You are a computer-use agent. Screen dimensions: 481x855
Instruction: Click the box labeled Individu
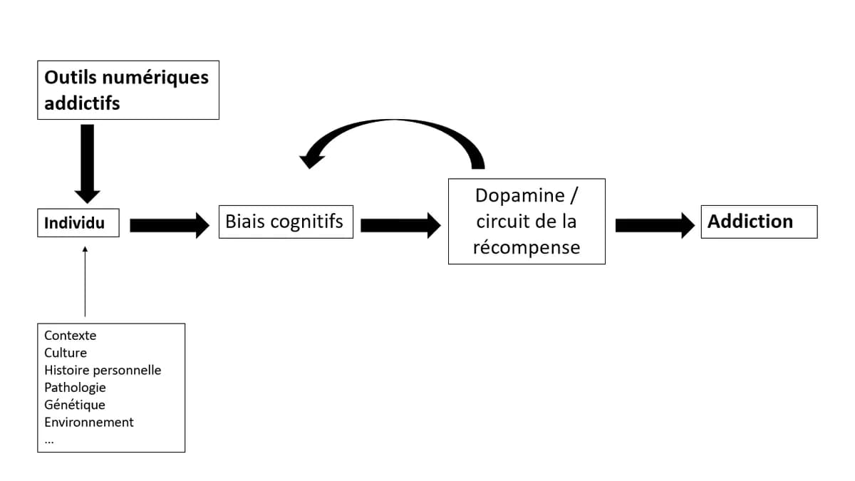pos(78,223)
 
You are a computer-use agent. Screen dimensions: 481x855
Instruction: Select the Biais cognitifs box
pos(285,222)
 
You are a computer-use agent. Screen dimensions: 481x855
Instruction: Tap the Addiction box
pos(759,222)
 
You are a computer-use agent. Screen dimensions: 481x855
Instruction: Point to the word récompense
pos(526,247)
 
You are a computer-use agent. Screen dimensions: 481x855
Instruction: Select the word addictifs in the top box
pos(82,103)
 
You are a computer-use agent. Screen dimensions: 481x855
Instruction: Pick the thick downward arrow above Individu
pos(87,162)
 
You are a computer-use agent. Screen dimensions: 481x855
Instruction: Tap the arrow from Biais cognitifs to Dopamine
pos(400,225)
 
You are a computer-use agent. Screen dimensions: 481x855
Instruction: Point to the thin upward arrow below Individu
pos(85,281)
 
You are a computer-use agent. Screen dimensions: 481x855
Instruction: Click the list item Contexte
pos(70,336)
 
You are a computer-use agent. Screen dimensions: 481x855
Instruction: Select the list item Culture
pos(66,353)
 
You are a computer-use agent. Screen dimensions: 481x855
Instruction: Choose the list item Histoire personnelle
pos(103,371)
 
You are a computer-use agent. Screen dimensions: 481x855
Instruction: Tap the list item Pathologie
pos(75,388)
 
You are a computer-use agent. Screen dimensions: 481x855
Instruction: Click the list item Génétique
pos(75,405)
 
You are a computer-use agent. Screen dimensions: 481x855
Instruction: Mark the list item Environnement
pos(89,422)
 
